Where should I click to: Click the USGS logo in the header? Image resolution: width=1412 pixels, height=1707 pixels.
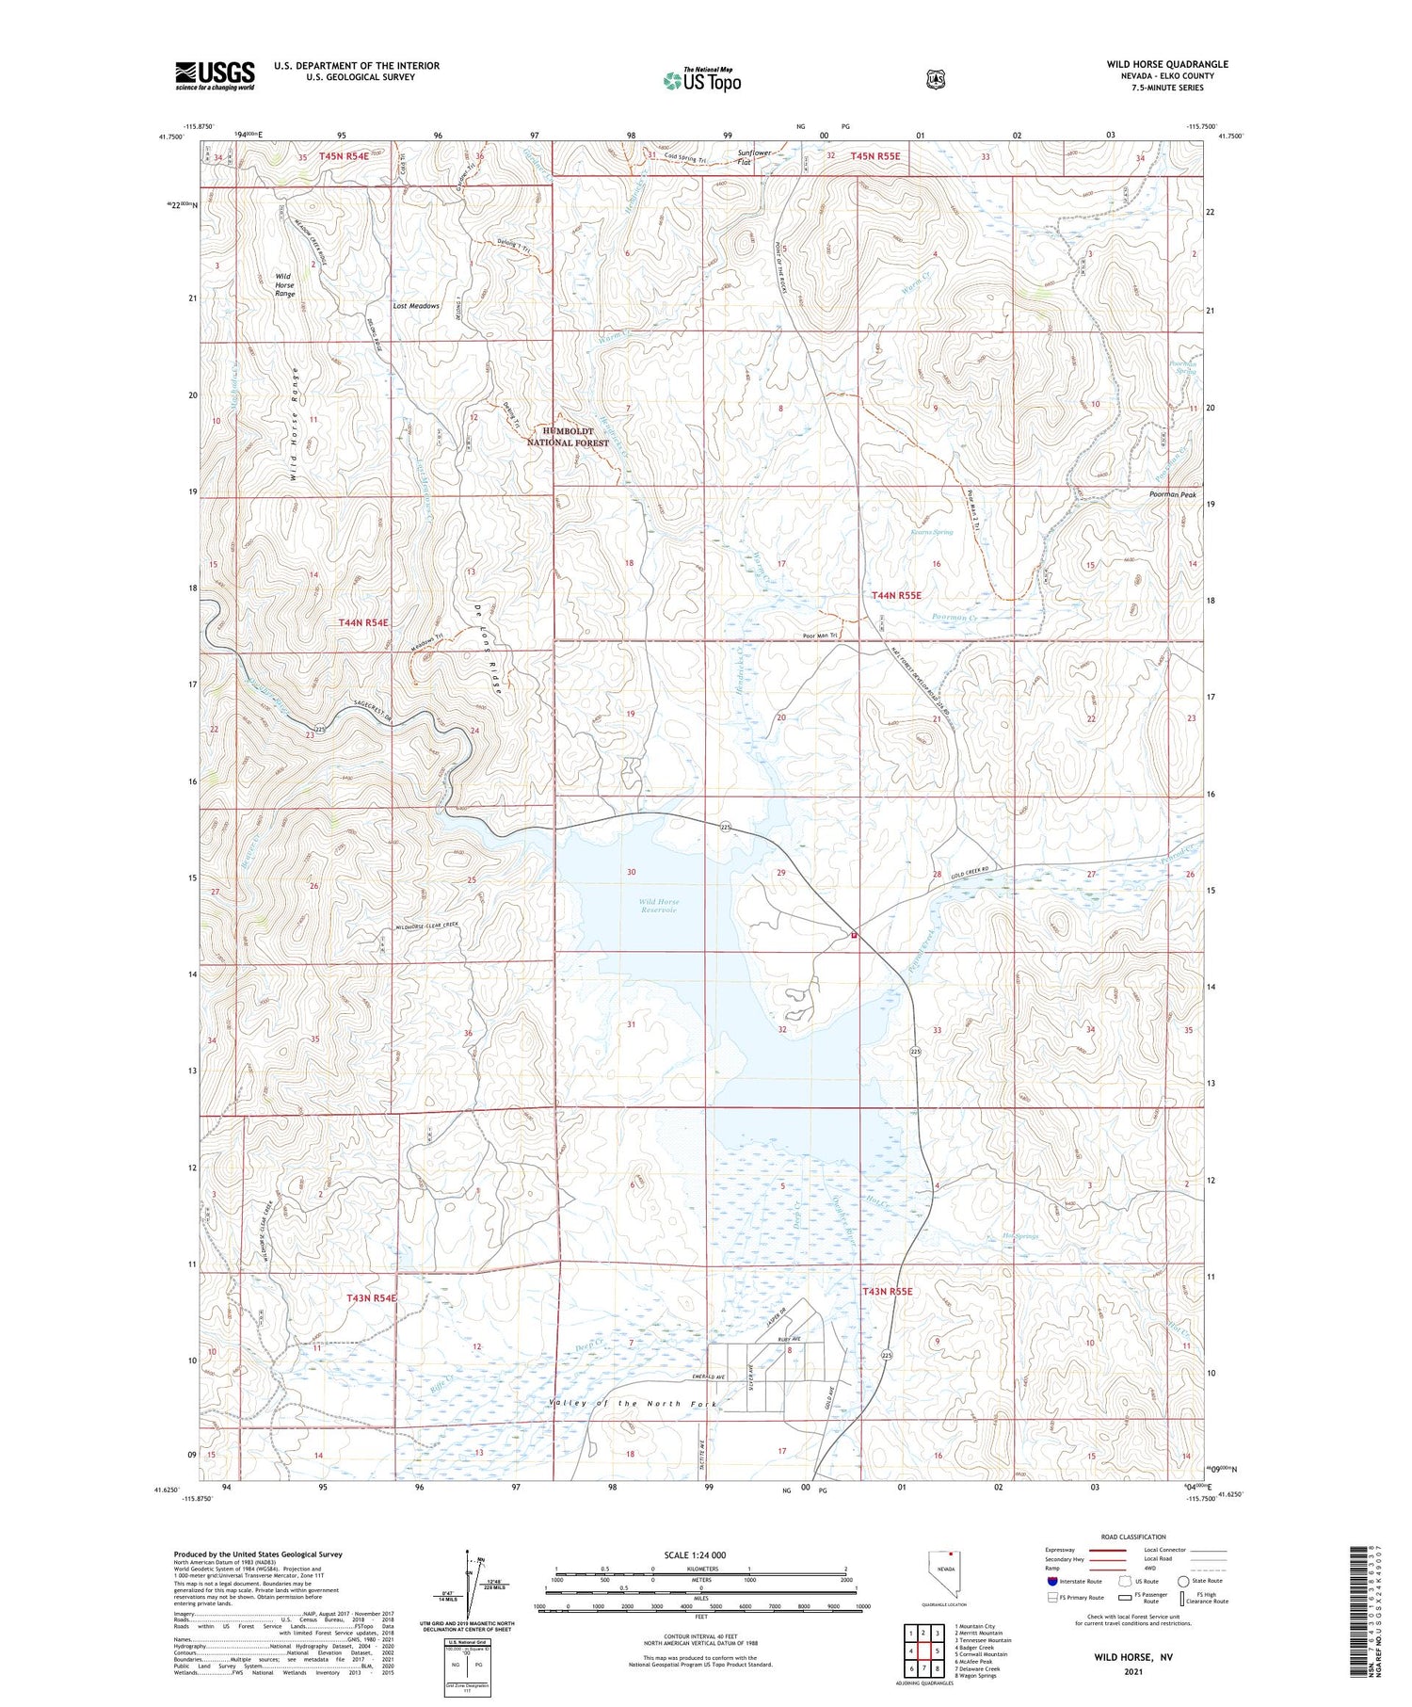coord(215,75)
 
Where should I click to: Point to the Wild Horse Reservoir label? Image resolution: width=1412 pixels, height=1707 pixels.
coord(658,906)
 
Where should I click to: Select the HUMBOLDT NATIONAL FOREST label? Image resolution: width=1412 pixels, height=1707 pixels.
coord(568,436)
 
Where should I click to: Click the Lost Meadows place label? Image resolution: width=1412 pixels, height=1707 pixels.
coord(416,306)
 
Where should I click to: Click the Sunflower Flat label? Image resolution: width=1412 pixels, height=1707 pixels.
coord(758,157)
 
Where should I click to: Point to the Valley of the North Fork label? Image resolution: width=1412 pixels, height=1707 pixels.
coord(634,1404)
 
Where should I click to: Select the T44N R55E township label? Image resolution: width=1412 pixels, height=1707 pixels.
coord(896,595)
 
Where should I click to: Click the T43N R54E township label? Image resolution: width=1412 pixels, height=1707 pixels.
coord(372,1297)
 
